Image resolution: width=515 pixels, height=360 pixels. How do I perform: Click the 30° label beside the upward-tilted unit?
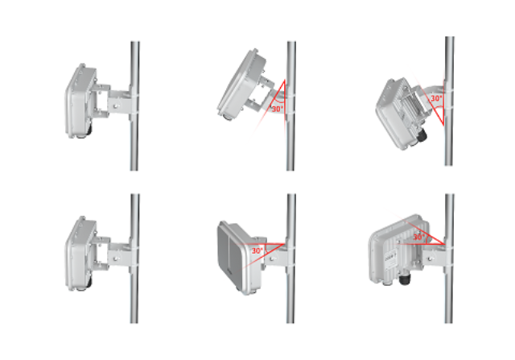(x=278, y=109)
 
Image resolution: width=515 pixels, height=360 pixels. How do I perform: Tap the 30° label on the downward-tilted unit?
(x=436, y=98)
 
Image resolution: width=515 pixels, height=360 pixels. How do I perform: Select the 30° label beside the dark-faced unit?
(x=257, y=250)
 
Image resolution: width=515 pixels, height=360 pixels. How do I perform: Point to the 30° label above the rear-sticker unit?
(x=418, y=237)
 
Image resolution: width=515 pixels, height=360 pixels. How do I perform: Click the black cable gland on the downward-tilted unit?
(x=421, y=135)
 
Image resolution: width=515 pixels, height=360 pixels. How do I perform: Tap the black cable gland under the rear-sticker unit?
(x=404, y=279)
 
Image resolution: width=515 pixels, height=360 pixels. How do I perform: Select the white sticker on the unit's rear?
(x=391, y=260)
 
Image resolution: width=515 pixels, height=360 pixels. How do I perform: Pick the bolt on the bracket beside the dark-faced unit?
(x=272, y=259)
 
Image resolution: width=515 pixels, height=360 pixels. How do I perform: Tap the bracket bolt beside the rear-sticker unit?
(x=431, y=259)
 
